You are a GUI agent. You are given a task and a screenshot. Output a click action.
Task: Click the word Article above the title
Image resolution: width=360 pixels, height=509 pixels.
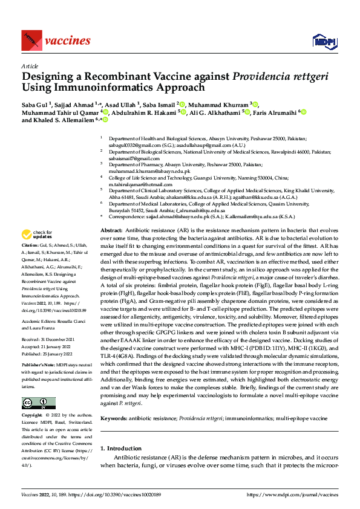tap(30, 66)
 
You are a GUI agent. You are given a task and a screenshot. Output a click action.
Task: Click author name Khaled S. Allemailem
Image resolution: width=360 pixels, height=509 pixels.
tap(65, 120)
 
